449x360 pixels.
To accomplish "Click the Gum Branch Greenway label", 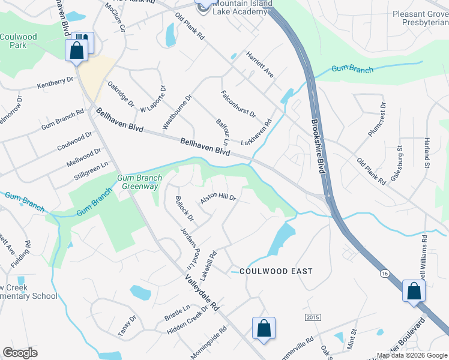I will [x=137, y=182].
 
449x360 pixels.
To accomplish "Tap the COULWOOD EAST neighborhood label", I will [x=276, y=271].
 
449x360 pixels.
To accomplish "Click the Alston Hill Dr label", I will [x=218, y=197].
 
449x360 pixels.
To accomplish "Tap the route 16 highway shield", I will [x=385, y=273].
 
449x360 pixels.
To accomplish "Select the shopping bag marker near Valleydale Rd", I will [x=264, y=328].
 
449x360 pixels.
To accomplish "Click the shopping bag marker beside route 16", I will [x=414, y=292].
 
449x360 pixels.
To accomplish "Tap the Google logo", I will [x=20, y=353].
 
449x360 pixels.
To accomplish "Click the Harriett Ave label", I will [x=260, y=65].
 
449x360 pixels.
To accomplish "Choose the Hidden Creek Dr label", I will [x=187, y=321].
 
